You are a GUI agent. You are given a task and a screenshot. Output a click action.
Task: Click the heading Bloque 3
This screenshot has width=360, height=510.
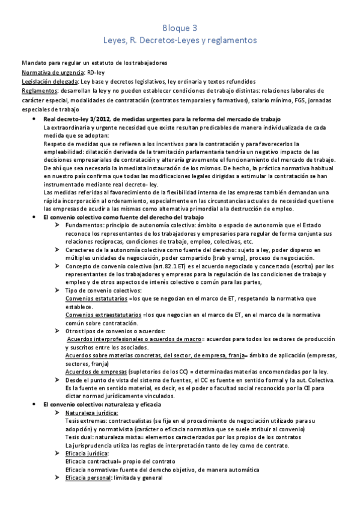[180, 28]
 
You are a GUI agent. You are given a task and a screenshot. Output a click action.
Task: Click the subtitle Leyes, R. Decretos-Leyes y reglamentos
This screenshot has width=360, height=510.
[180, 40]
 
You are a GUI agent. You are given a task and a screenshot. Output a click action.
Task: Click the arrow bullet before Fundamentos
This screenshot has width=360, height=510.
[56, 224]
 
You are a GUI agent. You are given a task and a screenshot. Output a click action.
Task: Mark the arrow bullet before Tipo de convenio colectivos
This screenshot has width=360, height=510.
[56, 290]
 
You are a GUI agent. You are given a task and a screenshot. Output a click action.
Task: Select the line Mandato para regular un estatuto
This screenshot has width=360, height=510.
[94, 63]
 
